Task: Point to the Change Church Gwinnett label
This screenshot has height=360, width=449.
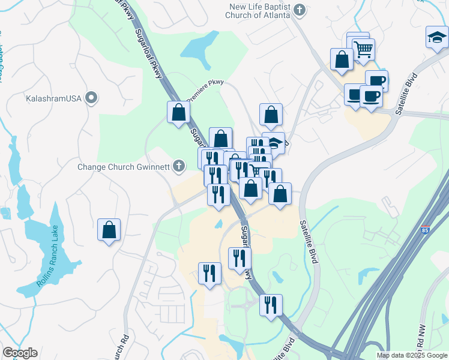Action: pyautogui.click(x=124, y=166)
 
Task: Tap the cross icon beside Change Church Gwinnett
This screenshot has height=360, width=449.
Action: pyautogui.click(x=179, y=166)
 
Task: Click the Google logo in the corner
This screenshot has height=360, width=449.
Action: pyautogui.click(x=20, y=353)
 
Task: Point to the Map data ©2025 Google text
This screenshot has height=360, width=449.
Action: pyautogui.click(x=412, y=355)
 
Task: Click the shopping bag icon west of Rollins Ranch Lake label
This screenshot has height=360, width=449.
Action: pyautogui.click(x=109, y=229)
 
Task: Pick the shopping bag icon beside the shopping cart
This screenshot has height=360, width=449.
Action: pyautogui.click(x=342, y=59)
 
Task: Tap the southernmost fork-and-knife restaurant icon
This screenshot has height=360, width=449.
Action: pyautogui.click(x=271, y=304)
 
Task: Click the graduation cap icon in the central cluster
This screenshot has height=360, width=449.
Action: pyautogui.click(x=275, y=143)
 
